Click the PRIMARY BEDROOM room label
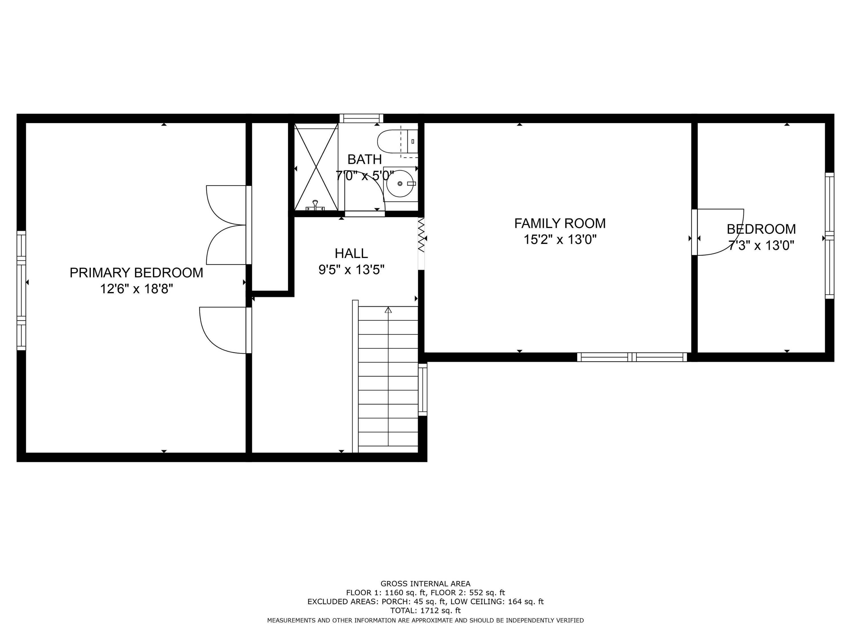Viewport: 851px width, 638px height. [136, 273]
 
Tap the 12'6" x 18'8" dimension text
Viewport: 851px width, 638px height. [136, 289]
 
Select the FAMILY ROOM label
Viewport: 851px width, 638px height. [560, 223]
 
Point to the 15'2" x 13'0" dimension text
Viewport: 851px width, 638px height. [560, 240]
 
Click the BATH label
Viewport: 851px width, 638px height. [364, 159]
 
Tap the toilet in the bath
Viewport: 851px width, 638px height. [396, 141]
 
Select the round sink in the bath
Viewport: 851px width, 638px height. [400, 184]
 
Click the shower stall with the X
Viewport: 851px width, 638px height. [316, 167]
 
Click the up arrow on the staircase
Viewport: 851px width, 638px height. [388, 310]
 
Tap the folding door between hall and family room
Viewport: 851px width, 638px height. [422, 235]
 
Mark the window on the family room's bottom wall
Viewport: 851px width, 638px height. [632, 357]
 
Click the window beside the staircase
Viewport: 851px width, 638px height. [422, 390]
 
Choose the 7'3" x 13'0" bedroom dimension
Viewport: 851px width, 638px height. [761, 245]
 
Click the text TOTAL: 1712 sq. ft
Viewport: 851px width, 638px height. [425, 610]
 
